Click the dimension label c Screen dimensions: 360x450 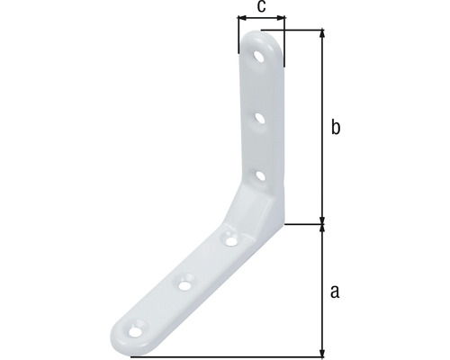(x=261, y=6)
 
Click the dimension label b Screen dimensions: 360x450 (x=335, y=128)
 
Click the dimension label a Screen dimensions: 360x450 (x=335, y=290)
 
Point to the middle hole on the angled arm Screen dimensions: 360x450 (x=184, y=283)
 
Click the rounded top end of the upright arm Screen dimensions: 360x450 (x=264, y=38)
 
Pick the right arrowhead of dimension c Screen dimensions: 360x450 (x=283, y=17)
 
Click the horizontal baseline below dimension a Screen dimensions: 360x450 (x=225, y=357)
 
